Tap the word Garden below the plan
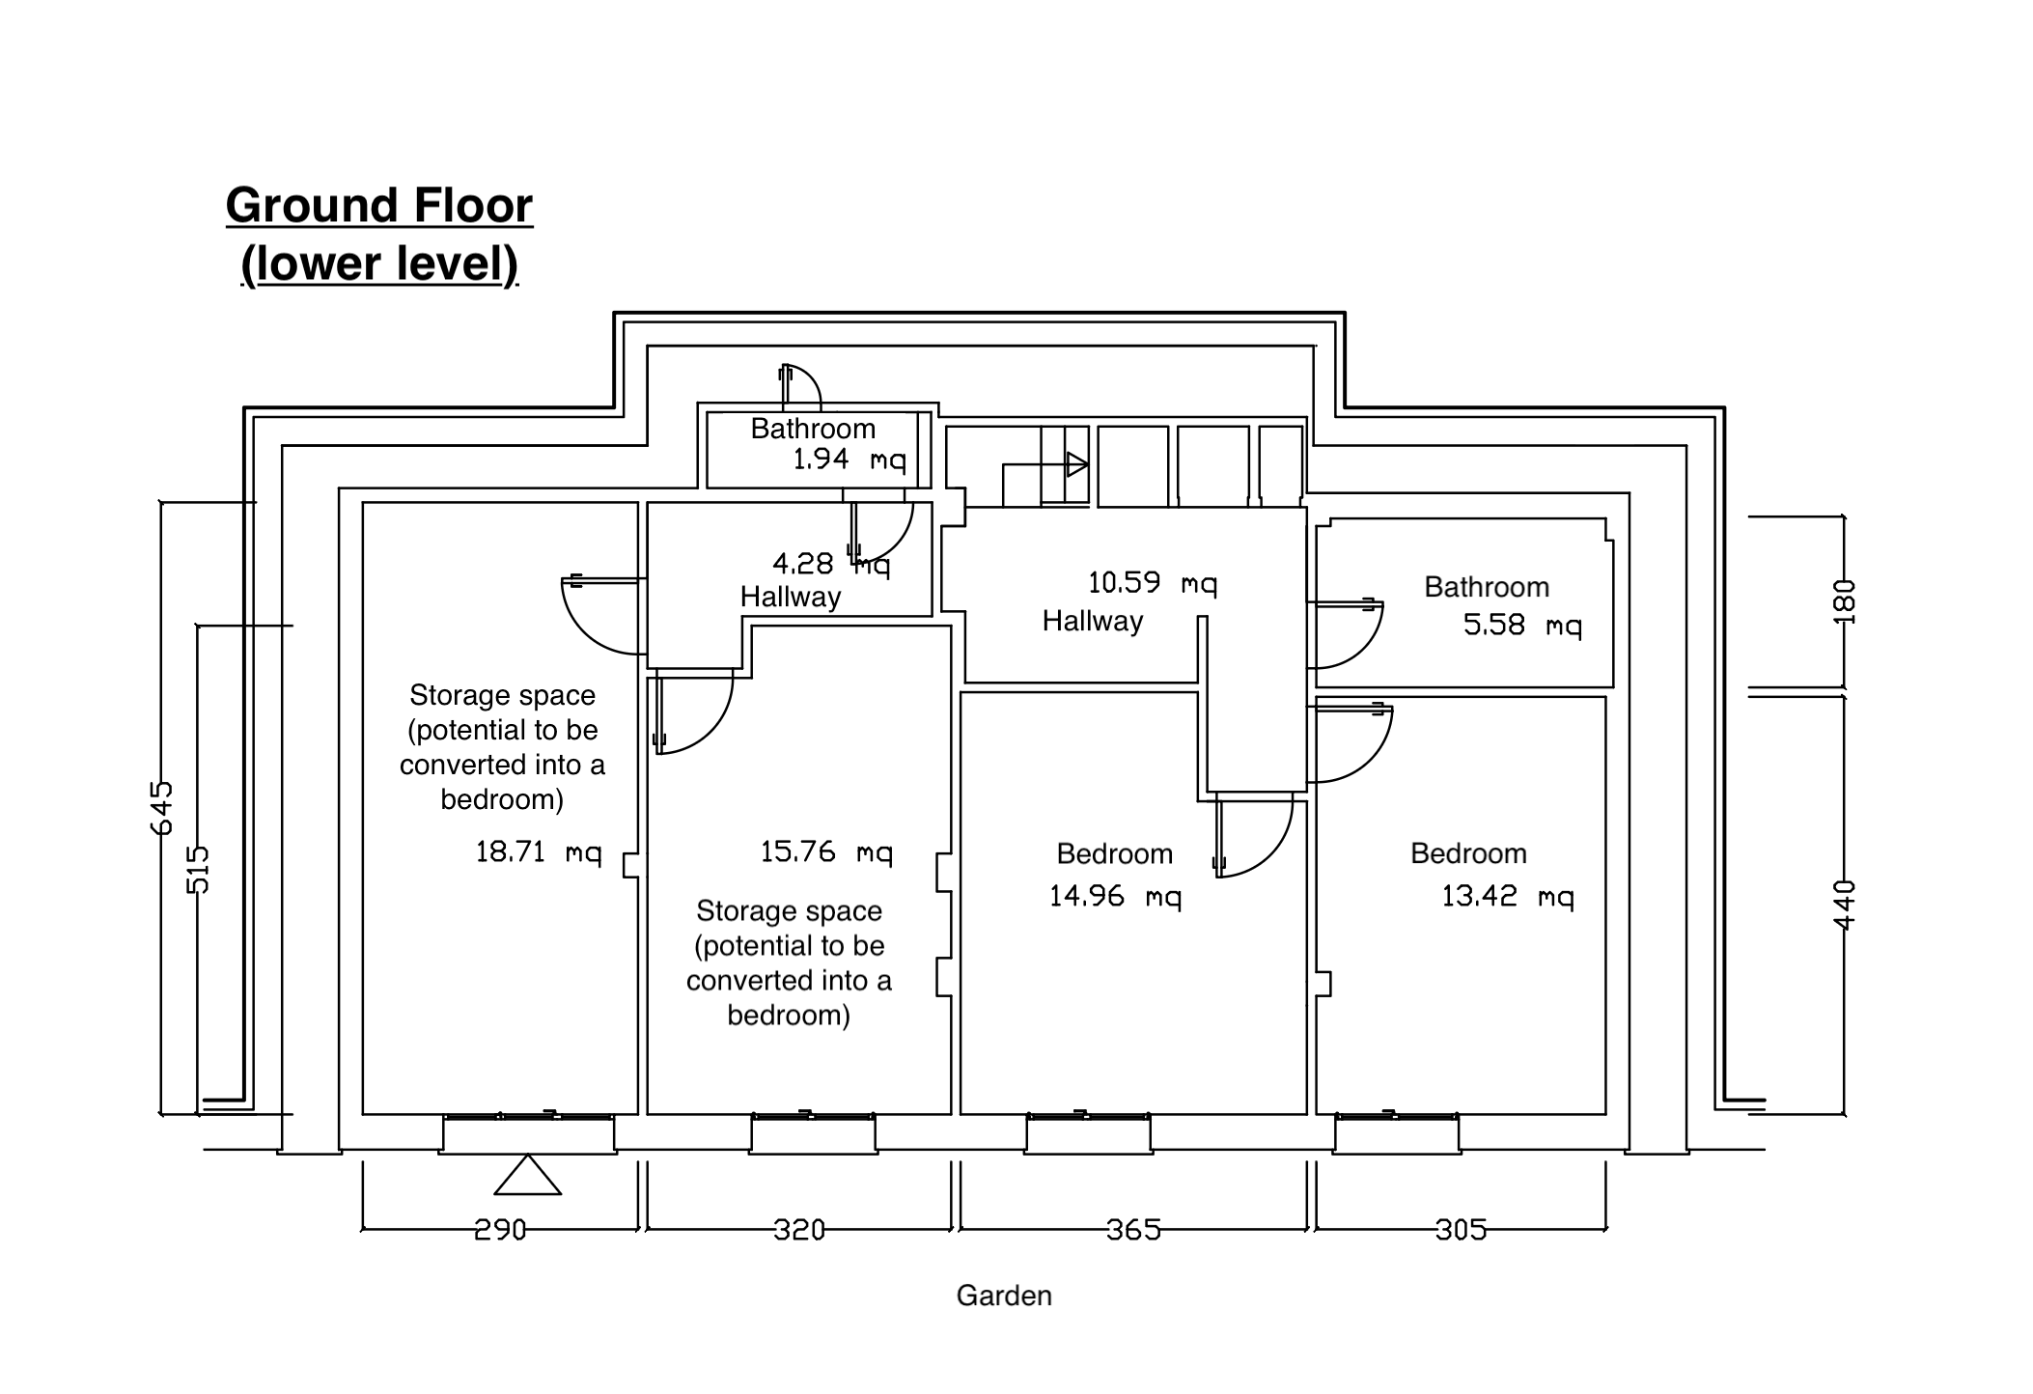point(1004,1296)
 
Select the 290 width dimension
point(500,1230)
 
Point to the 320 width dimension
point(799,1230)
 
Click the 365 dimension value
point(1133,1230)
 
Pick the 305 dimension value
point(1461,1230)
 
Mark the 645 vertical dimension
point(162,807)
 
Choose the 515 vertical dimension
point(197,869)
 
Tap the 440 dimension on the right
point(1844,905)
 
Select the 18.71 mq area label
point(538,852)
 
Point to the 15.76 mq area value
point(826,852)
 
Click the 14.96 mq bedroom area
point(1115,897)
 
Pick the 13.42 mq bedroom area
point(1507,897)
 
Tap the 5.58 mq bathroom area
point(1522,626)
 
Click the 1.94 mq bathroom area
point(849,460)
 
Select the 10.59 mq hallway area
point(1152,583)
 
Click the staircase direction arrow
point(1076,464)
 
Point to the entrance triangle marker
point(528,1176)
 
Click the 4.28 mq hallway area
point(830,564)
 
